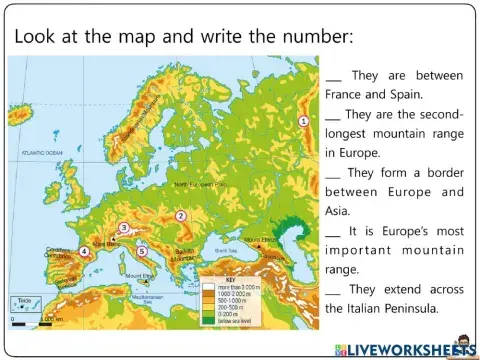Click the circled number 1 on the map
303,121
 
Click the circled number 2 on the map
181,215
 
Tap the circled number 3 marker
123,228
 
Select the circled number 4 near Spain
84,252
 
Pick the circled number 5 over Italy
142,251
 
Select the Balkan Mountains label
187,252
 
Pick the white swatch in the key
210,285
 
